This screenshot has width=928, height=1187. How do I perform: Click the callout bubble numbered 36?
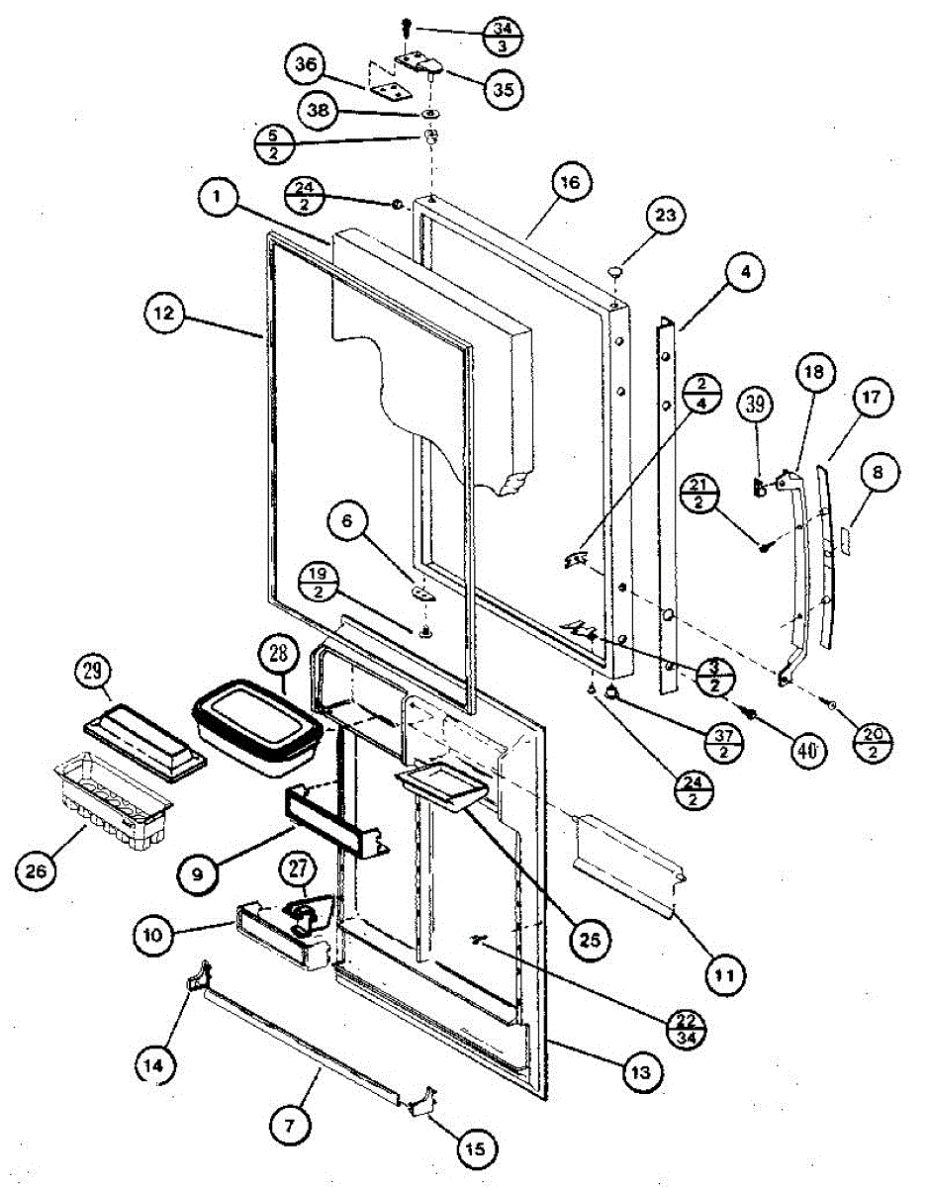click(x=307, y=66)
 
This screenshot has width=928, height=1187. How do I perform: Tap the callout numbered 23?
click(x=664, y=214)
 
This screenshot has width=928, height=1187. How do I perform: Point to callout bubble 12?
click(x=163, y=314)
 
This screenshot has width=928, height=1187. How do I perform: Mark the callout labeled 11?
click(x=724, y=973)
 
